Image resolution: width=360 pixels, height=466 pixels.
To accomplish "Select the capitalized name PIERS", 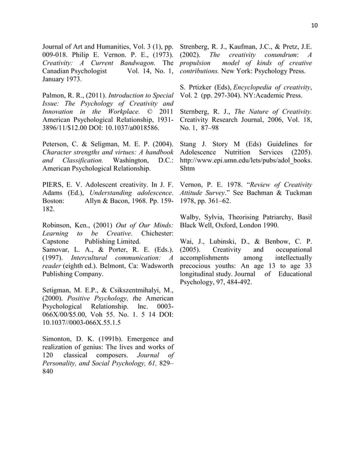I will coord(55,184).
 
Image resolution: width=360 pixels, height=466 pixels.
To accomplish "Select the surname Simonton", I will coord(59,340).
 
